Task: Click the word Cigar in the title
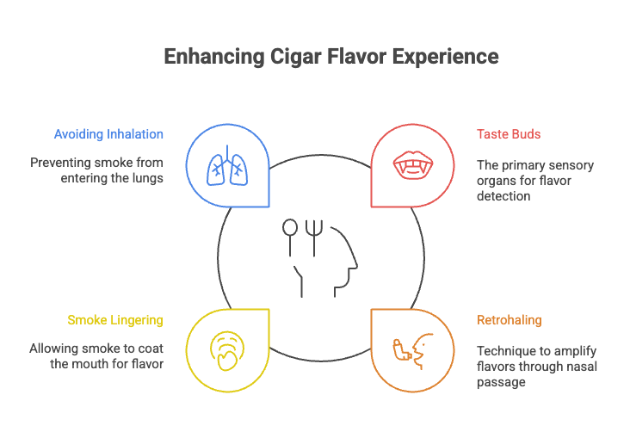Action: (293, 57)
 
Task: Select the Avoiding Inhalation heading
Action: (108, 134)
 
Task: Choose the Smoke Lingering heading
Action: (115, 320)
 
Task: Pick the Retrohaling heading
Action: (510, 320)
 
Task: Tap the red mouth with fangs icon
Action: (411, 165)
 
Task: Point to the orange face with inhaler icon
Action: (411, 350)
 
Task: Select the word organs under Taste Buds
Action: (495, 181)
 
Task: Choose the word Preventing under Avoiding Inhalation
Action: (61, 163)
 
